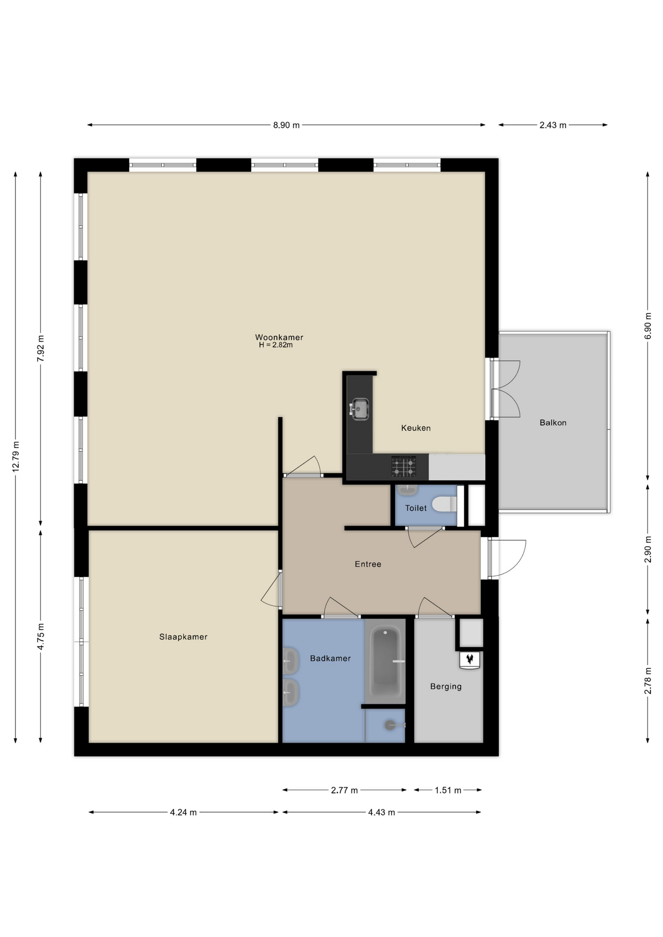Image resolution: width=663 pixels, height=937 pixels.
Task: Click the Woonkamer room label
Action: pyautogui.click(x=279, y=337)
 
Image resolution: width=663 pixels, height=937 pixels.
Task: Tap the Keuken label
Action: pyautogui.click(x=415, y=428)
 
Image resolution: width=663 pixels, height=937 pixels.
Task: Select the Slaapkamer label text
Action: pyautogui.click(x=183, y=637)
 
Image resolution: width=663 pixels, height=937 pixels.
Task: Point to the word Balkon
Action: pyautogui.click(x=553, y=423)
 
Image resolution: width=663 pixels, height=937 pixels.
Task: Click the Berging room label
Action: pyautogui.click(x=446, y=687)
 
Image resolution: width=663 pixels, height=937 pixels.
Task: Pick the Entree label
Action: pyautogui.click(x=368, y=564)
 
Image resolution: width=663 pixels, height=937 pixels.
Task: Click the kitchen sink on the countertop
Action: pyautogui.click(x=359, y=409)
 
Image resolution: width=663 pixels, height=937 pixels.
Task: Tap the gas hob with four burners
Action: pyautogui.click(x=403, y=467)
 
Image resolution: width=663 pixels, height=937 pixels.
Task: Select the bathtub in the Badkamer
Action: pyautogui.click(x=385, y=661)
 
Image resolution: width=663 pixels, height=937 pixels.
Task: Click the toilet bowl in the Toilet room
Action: pyautogui.click(x=444, y=504)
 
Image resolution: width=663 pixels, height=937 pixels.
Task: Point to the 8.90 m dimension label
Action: pyautogui.click(x=286, y=125)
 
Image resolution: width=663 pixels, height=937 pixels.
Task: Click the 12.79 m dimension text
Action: pyautogui.click(x=16, y=456)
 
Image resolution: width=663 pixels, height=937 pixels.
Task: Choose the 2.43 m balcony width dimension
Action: pyautogui.click(x=553, y=125)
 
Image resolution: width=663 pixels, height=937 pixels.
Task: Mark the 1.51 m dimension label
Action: pyautogui.click(x=448, y=790)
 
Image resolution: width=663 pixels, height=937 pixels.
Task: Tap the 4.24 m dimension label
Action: pyautogui.click(x=183, y=813)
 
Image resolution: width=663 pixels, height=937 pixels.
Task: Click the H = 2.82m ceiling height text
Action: pyautogui.click(x=276, y=345)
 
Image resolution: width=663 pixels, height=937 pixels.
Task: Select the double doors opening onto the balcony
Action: pyautogui.click(x=505, y=389)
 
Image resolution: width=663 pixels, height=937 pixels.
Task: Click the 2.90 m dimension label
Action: pyautogui.click(x=648, y=550)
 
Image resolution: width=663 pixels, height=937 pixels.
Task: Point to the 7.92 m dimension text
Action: pyautogui.click(x=41, y=348)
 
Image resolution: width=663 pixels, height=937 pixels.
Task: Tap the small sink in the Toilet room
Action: pyautogui.click(x=407, y=489)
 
